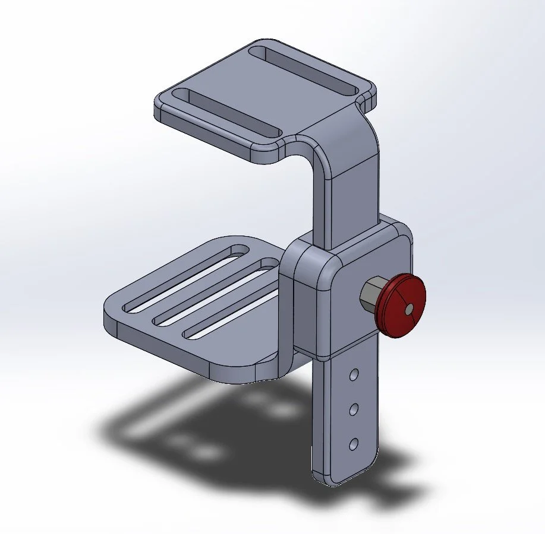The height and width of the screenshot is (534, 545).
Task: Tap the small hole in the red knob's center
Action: click(x=409, y=309)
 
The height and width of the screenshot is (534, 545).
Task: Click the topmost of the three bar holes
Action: click(x=354, y=375)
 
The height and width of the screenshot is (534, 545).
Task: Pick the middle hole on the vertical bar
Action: click(x=354, y=409)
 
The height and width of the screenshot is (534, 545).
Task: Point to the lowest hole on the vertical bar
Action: click(x=354, y=443)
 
